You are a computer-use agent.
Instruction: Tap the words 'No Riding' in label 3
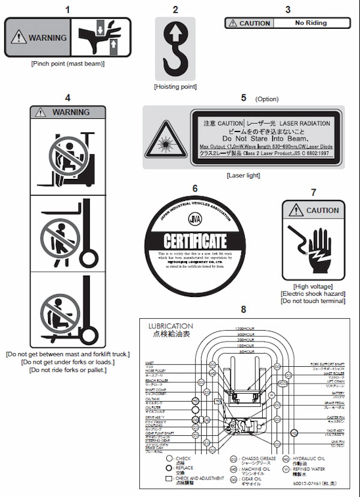click(x=311, y=23)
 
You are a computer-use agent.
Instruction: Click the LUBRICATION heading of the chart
click(x=170, y=327)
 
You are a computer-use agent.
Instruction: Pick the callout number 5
click(x=243, y=97)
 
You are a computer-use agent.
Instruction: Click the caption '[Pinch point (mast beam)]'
click(x=67, y=64)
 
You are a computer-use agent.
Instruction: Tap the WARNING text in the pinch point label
click(x=47, y=37)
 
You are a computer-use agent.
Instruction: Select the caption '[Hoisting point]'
click(x=175, y=87)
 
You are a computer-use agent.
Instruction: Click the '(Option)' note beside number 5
click(x=267, y=98)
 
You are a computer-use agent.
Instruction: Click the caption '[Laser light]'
click(x=243, y=175)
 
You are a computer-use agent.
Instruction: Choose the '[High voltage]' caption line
click(x=313, y=286)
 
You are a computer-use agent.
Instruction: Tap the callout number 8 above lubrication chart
click(x=243, y=309)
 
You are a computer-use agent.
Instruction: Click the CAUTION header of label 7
click(x=322, y=211)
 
